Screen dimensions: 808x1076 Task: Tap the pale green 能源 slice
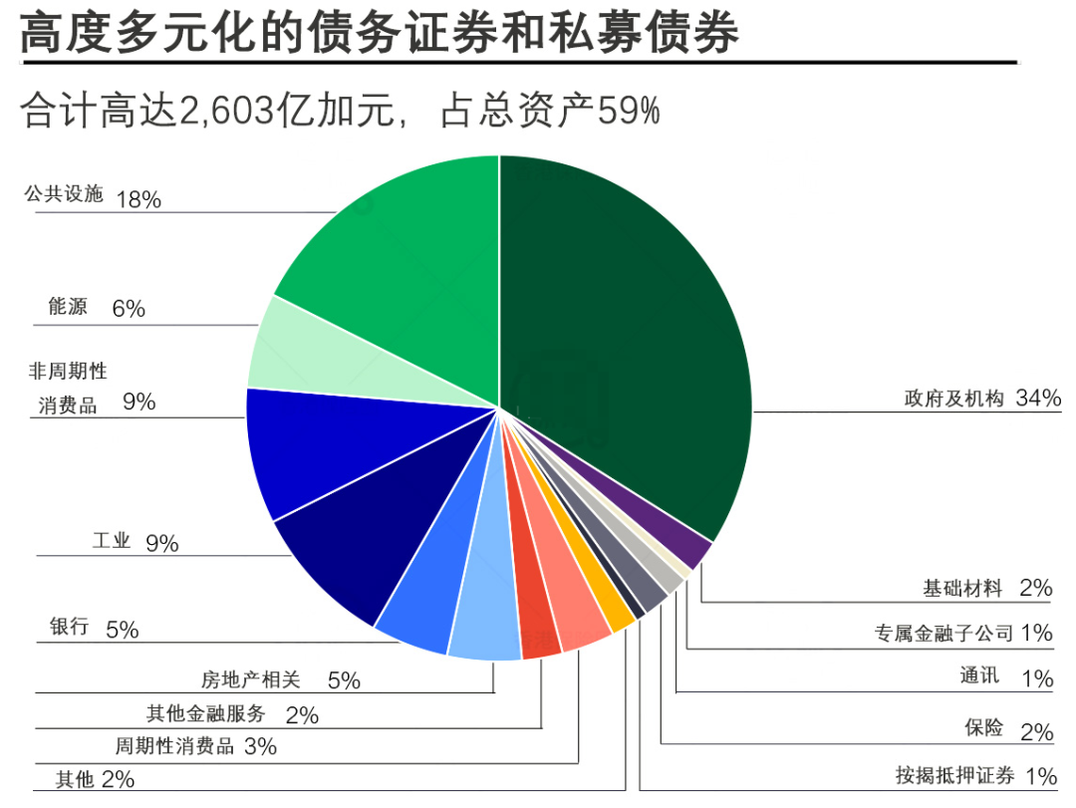coord(299,349)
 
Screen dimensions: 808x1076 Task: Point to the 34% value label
coord(1038,399)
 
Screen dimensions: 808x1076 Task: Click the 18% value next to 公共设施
coord(138,199)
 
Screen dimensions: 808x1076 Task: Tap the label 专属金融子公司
coord(943,633)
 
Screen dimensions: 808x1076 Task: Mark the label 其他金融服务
coord(206,713)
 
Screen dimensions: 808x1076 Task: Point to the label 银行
coord(70,628)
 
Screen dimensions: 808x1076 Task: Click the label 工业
coord(112,542)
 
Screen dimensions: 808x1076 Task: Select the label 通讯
coord(979,676)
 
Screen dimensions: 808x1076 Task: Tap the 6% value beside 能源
coord(129,309)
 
